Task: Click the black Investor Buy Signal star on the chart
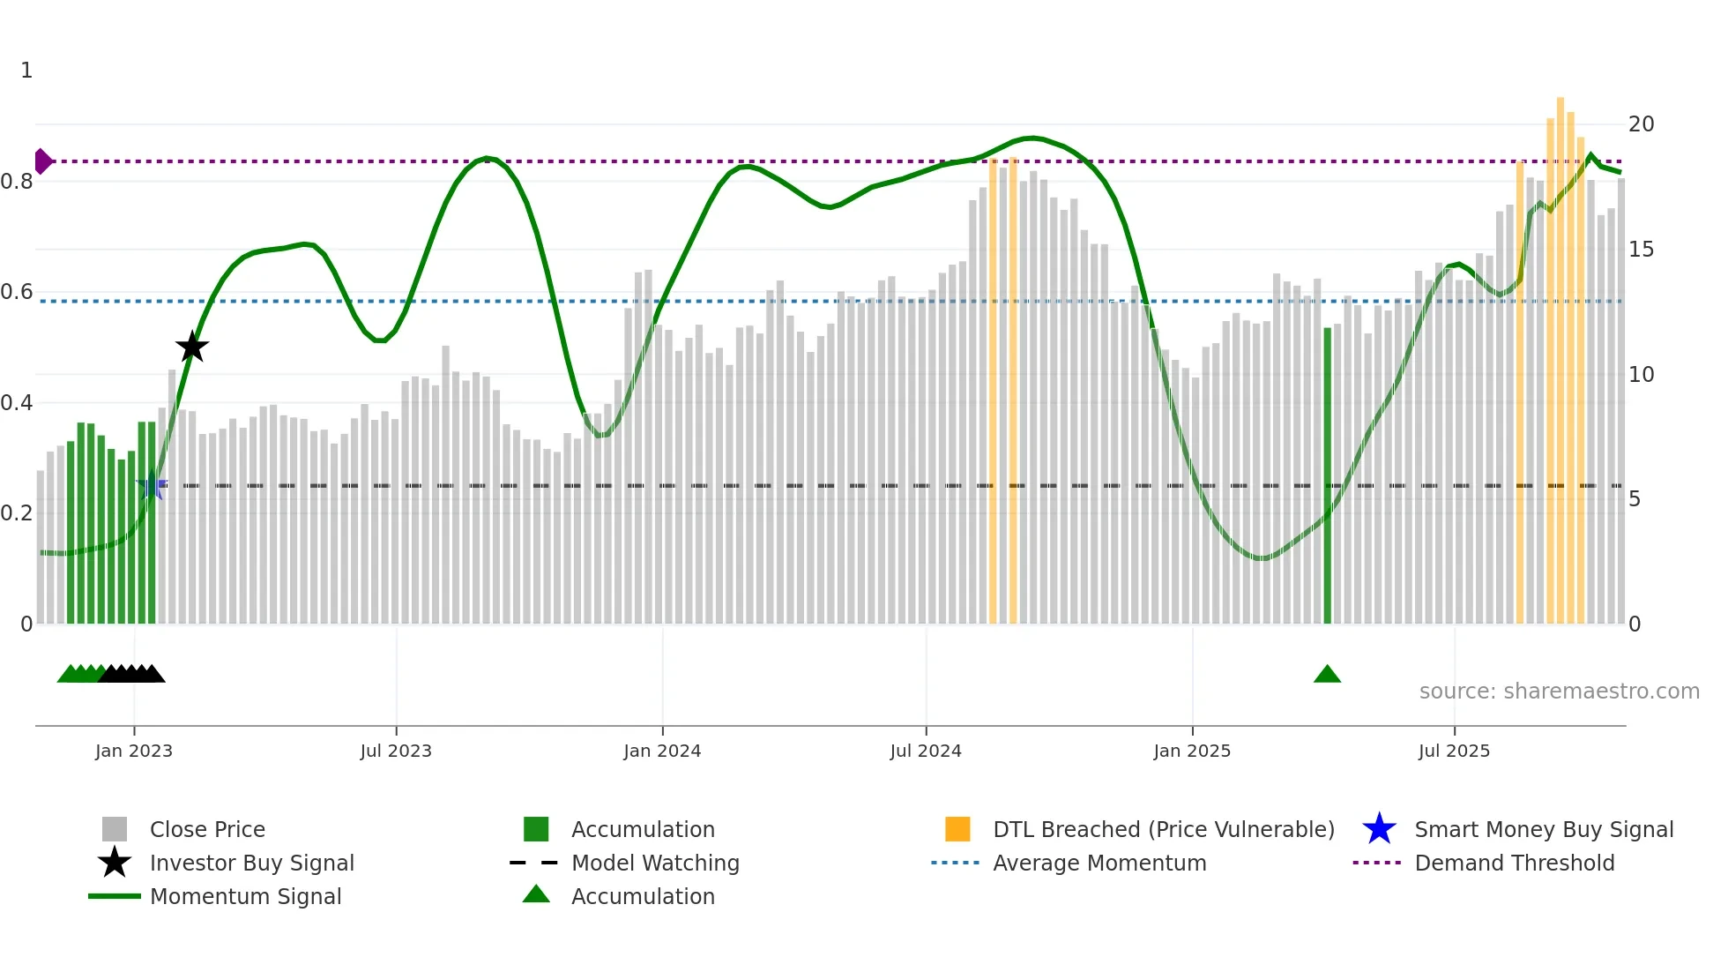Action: click(x=192, y=347)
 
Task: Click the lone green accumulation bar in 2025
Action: click(x=1327, y=476)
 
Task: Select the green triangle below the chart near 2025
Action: click(x=1327, y=675)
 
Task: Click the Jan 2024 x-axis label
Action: click(x=662, y=751)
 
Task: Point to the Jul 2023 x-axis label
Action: click(x=396, y=751)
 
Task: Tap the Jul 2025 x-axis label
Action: click(x=1454, y=751)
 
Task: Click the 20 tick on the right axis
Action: click(x=1641, y=124)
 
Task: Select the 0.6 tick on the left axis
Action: click(x=18, y=292)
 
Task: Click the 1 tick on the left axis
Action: click(x=26, y=71)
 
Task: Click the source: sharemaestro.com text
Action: click(x=1559, y=692)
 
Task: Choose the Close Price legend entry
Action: click(x=207, y=829)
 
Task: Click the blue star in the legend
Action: click(x=1379, y=829)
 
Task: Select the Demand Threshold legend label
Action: click(x=1514, y=863)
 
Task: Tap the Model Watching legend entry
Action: click(x=655, y=863)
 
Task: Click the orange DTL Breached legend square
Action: click(x=957, y=829)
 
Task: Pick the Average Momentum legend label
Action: click(x=1099, y=863)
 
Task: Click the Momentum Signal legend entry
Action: click(x=245, y=896)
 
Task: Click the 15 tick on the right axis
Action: click(x=1641, y=250)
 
